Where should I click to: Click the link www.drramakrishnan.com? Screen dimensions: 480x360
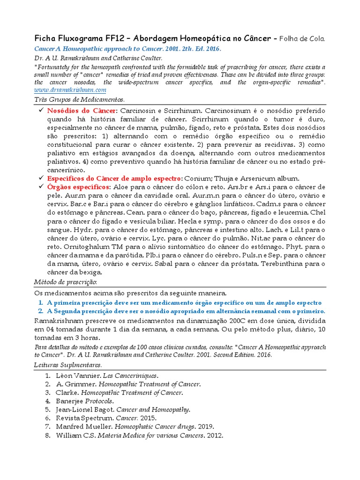[x=70, y=90]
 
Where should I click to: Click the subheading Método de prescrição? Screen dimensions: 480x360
[x=66, y=282]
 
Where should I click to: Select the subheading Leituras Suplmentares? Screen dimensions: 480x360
[x=68, y=365]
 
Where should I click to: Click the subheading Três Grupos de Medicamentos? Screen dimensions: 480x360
[x=79, y=100]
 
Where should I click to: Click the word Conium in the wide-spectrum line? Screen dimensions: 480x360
[x=197, y=179]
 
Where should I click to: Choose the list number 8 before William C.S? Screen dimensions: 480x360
[x=48, y=435]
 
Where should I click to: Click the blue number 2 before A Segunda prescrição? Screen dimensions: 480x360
[x=41, y=311]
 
